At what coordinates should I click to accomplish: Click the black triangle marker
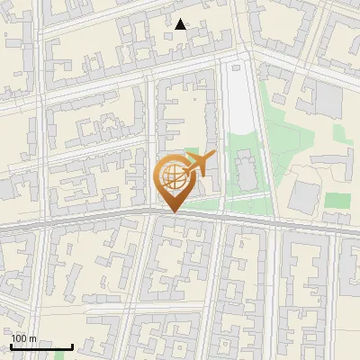[182, 24]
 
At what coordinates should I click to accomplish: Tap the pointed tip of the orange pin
[172, 212]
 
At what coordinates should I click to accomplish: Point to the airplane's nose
[214, 155]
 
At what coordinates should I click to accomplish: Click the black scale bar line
[41, 346]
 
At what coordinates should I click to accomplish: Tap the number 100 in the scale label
[19, 338]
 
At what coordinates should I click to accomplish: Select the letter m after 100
[33, 338]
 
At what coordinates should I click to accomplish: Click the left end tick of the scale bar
[12, 345]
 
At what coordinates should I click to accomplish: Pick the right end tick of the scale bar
[72, 345]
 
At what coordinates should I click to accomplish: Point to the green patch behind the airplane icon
[191, 155]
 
